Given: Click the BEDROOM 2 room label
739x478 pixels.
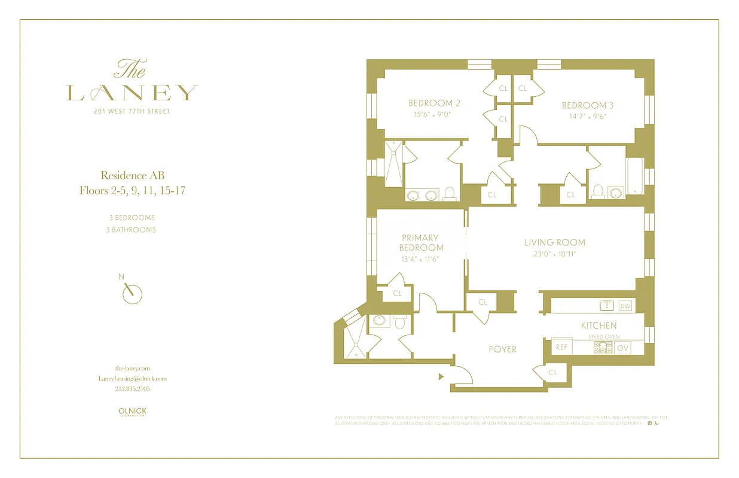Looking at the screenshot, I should tap(434, 103).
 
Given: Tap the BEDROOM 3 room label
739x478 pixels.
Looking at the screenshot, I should tap(588, 106).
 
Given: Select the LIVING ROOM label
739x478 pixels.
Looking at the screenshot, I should tap(554, 243).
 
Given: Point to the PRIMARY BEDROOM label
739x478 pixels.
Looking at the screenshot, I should tap(422, 243).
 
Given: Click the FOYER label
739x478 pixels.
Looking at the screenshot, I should tap(502, 349).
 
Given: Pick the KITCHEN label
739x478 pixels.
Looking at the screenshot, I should tap(598, 326).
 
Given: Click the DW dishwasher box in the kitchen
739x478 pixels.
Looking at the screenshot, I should tap(625, 306).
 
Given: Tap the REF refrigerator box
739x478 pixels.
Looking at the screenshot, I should tap(561, 347).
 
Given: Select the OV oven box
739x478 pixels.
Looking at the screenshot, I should tap(622, 348).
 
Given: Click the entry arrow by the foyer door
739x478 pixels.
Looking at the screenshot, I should tap(441, 377).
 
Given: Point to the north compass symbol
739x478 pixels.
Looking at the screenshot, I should tap(132, 293).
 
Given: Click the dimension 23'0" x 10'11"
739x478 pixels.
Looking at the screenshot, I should tap(554, 254).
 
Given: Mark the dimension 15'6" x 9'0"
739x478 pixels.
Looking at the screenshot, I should tap(434, 114).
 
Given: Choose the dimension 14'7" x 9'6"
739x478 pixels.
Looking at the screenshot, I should tap(588, 117).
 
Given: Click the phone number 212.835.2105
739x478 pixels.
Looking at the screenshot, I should tap(132, 388).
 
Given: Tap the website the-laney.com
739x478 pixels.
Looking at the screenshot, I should tap(132, 368).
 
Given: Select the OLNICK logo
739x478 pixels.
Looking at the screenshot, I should tap(132, 412).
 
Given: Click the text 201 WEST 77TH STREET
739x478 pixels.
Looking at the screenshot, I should tap(132, 111).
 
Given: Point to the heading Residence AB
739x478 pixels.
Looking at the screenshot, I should tap(132, 176).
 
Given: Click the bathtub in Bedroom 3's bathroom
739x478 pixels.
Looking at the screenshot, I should tap(634, 177).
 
